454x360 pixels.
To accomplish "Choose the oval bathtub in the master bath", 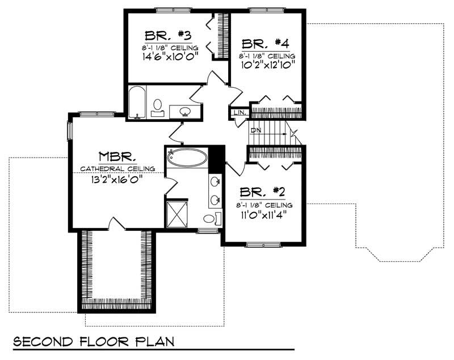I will (x=187, y=157).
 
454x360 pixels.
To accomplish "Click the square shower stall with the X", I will (x=177, y=213).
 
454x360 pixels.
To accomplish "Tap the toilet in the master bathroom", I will (x=209, y=218).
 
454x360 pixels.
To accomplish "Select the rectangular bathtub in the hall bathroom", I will (x=136, y=102).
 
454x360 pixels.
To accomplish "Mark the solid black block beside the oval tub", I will (x=216, y=159).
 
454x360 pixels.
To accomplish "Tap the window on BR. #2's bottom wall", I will (x=264, y=245).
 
